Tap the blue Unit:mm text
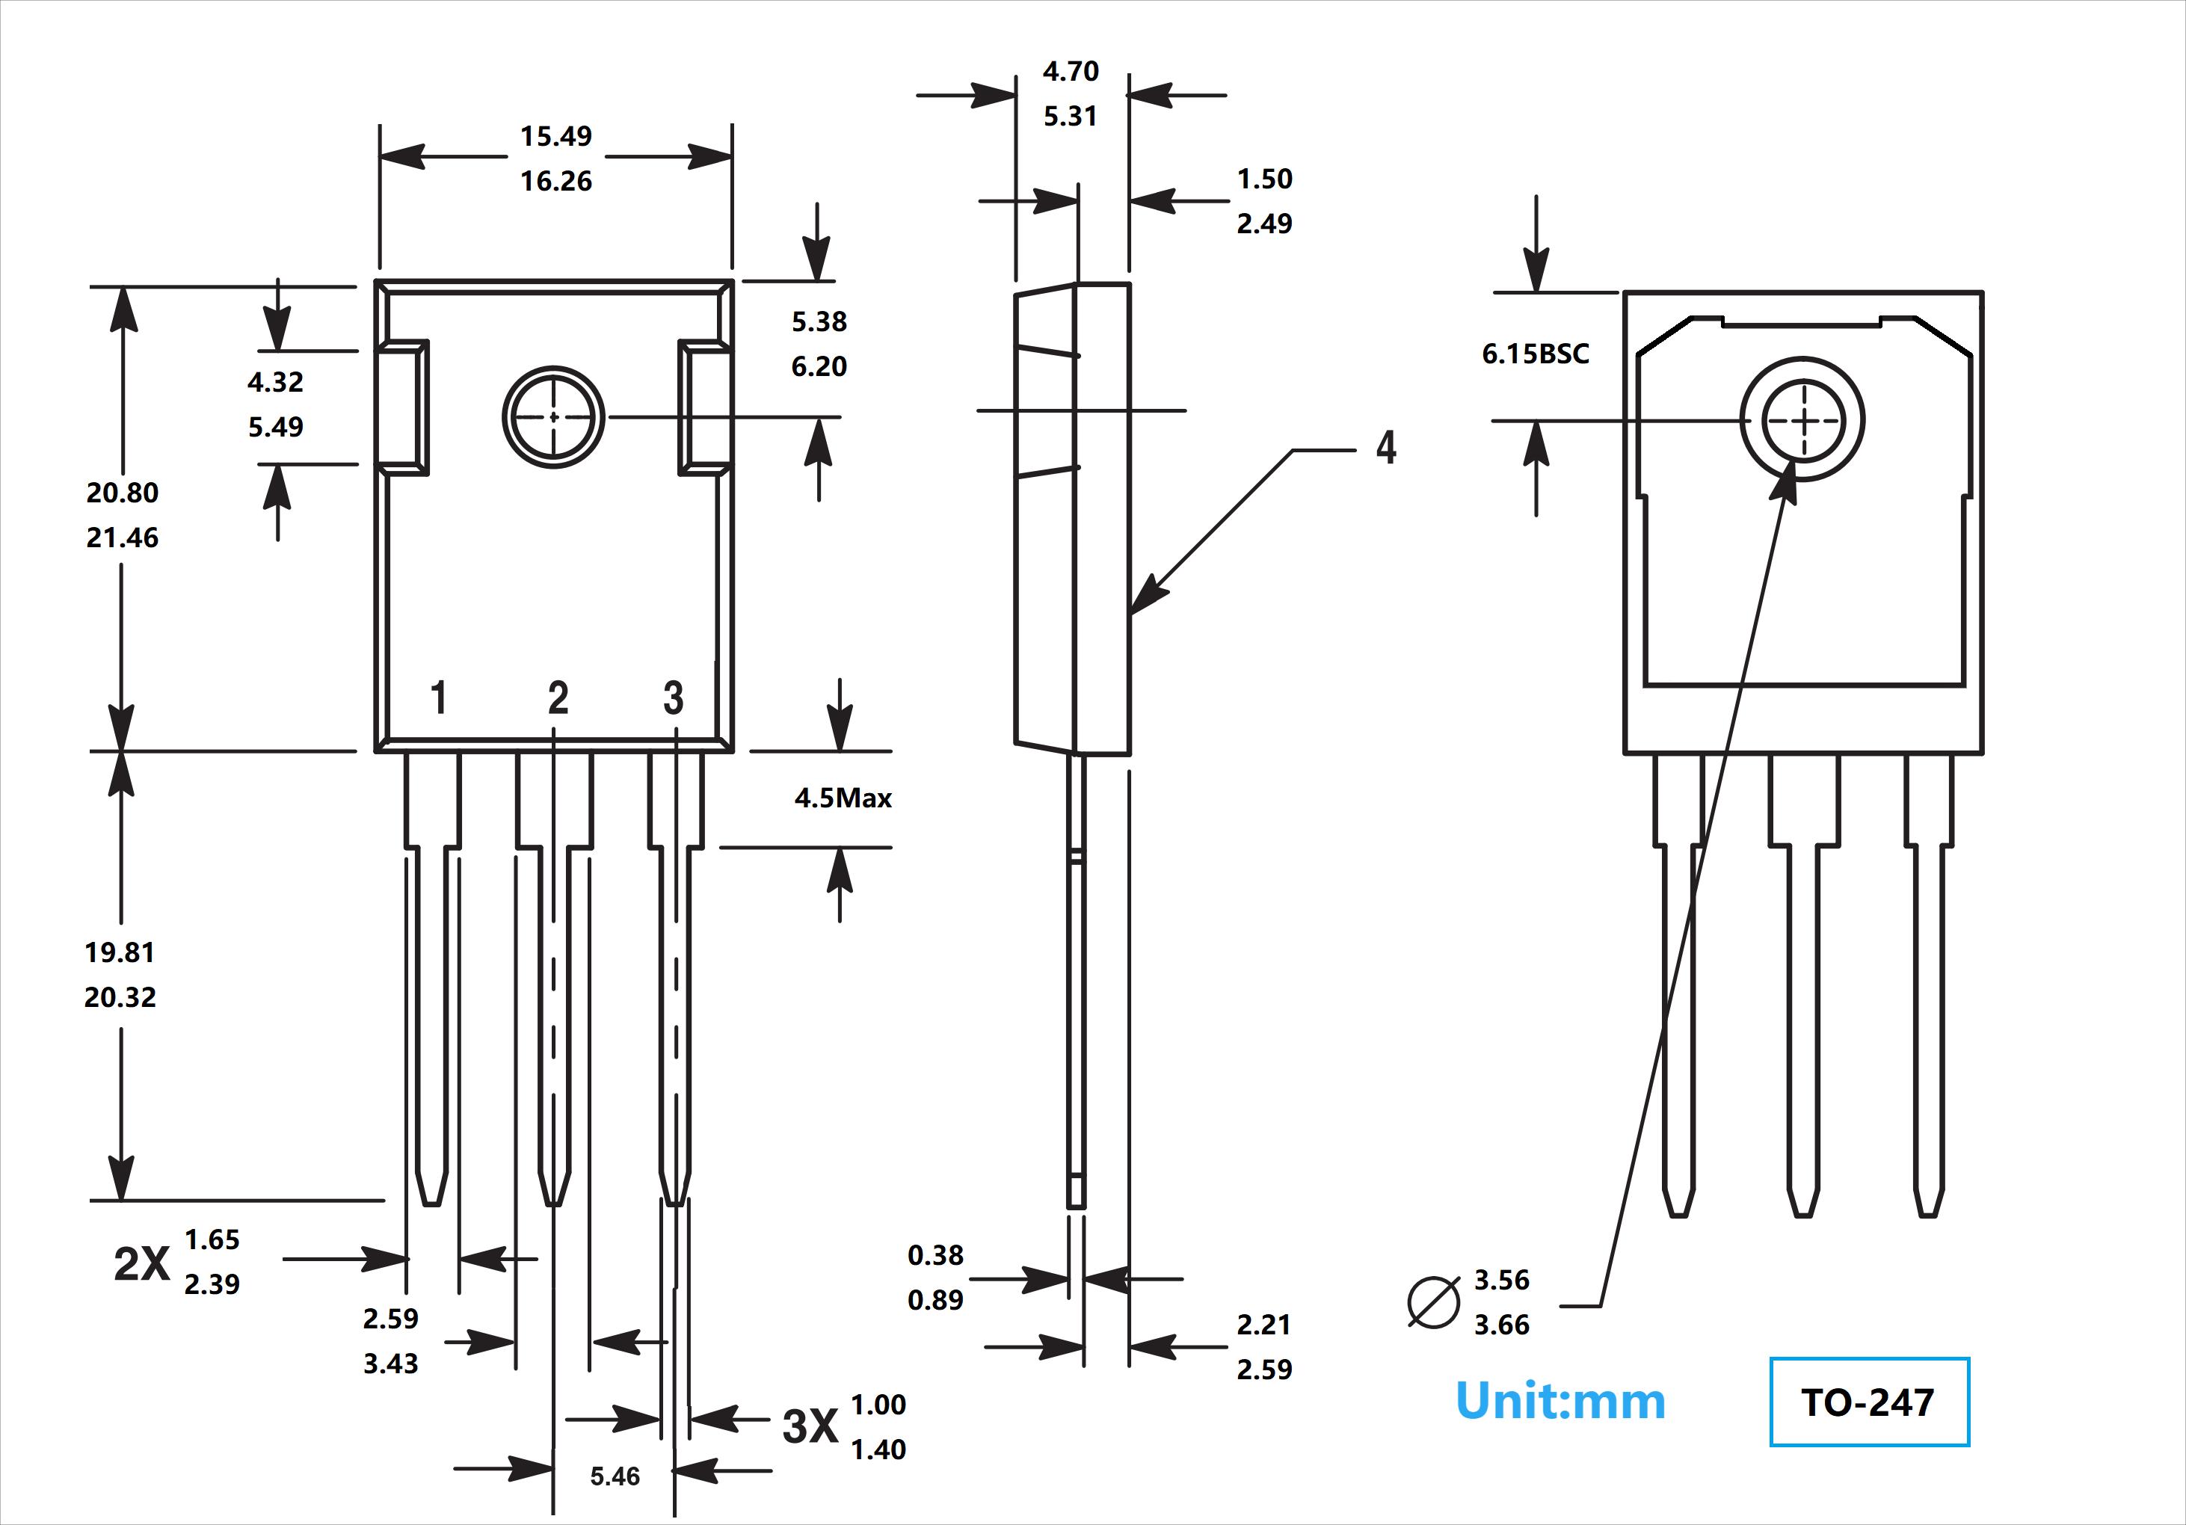click(x=1560, y=1401)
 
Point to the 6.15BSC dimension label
click(x=1535, y=354)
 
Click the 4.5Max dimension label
click(x=843, y=798)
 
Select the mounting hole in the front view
click(x=553, y=417)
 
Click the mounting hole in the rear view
click(x=1802, y=420)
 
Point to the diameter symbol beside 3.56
click(x=1434, y=1301)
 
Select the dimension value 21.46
click(x=122, y=537)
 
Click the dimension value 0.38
click(x=935, y=1256)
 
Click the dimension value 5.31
click(x=1070, y=116)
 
